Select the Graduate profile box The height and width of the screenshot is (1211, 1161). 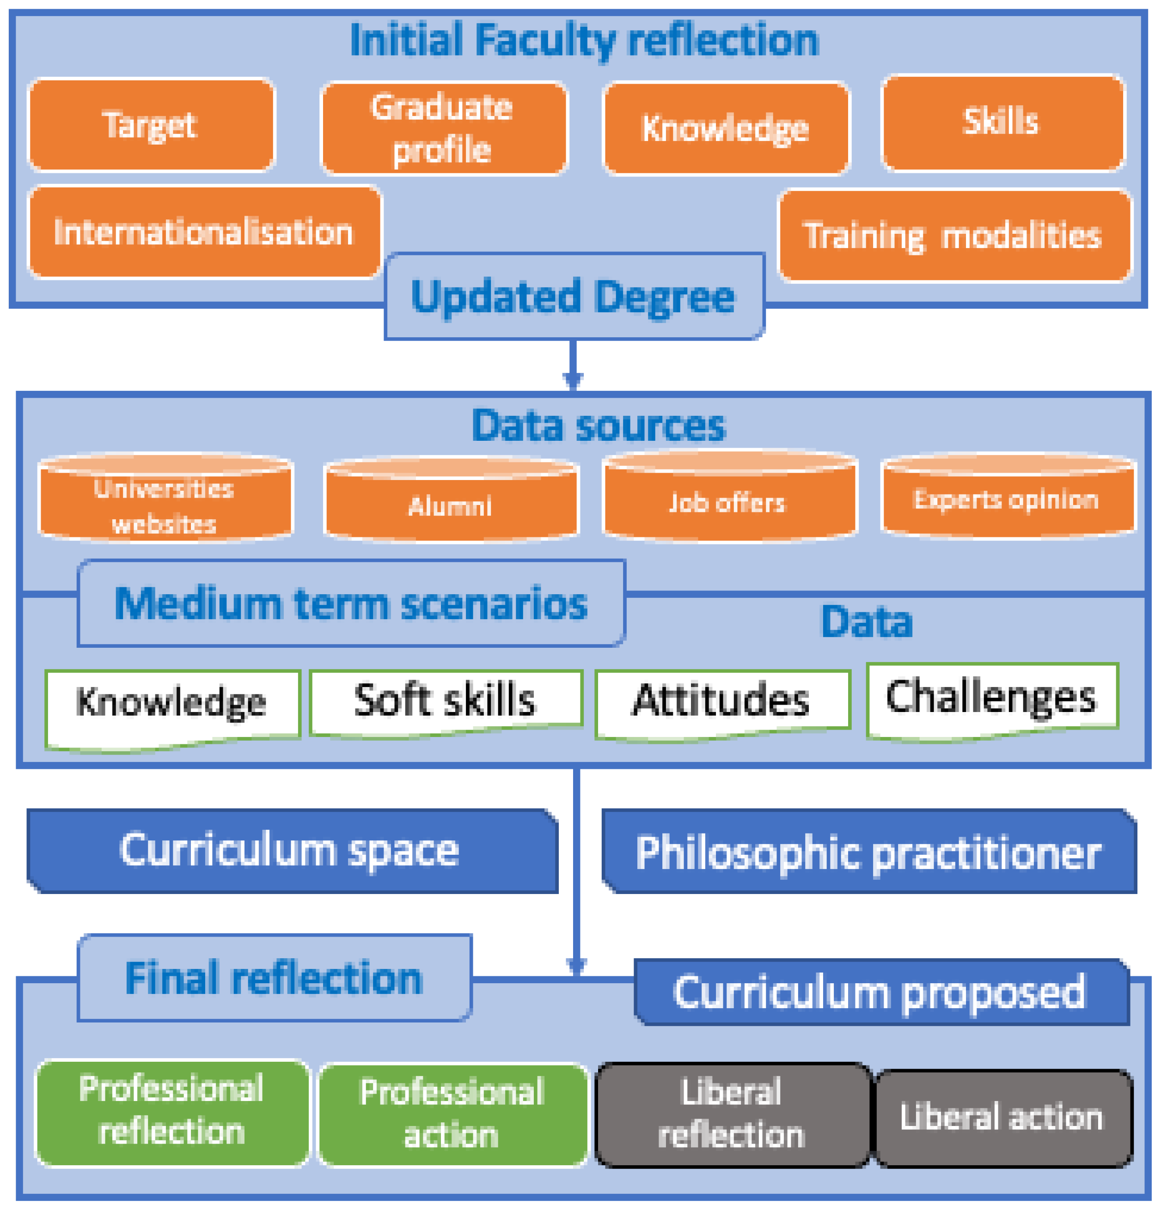(443, 128)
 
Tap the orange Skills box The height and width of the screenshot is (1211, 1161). (1002, 122)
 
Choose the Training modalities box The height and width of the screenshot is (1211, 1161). (954, 235)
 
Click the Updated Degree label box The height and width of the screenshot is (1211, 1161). (574, 297)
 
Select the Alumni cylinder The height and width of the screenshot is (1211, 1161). (451, 504)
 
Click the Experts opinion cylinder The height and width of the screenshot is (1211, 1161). (1007, 499)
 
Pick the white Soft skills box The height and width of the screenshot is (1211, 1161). (445, 702)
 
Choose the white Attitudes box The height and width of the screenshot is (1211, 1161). (721, 702)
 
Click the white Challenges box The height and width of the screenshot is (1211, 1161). (991, 698)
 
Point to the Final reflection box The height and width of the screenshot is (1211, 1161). (275, 978)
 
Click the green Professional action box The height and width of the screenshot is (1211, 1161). (452, 1114)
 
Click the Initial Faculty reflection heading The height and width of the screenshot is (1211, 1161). (584, 40)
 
